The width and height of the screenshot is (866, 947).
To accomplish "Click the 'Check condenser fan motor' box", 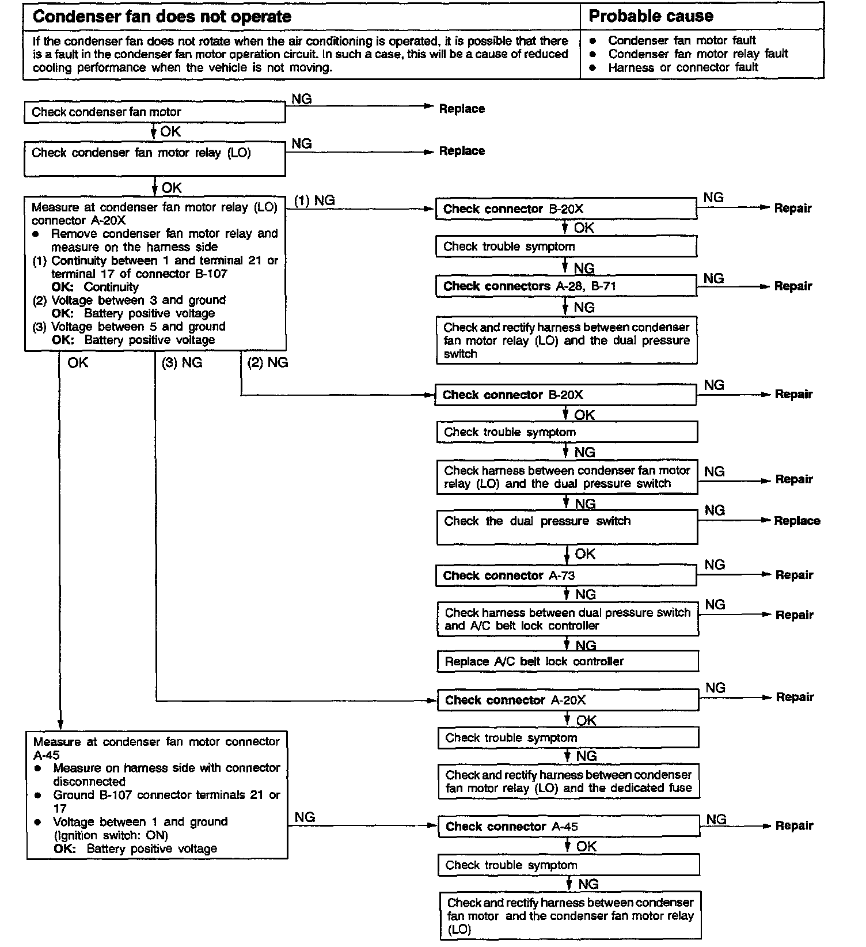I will [x=154, y=112].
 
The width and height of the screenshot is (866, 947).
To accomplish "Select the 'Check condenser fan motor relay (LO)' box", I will [x=154, y=159].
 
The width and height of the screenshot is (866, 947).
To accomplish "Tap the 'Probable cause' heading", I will [x=651, y=16].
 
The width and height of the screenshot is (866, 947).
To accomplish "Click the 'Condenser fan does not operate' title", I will [x=162, y=16].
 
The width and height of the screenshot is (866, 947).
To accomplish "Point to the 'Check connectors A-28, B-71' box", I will [x=566, y=286].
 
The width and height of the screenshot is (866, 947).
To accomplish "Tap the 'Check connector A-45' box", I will [x=569, y=827].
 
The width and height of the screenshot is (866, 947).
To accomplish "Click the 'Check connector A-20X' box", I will [x=568, y=700].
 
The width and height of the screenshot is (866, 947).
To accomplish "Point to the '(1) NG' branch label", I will [x=314, y=200].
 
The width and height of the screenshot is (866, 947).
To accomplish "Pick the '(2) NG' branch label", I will [x=268, y=363].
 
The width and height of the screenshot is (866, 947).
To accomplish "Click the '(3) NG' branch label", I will [x=182, y=363].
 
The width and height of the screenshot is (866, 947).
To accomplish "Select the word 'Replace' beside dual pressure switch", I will [x=797, y=521].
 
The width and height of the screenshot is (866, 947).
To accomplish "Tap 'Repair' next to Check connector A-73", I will [x=794, y=575].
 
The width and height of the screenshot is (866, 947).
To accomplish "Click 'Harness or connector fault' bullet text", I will [x=683, y=67].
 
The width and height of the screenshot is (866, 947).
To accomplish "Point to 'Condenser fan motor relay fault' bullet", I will [x=698, y=54].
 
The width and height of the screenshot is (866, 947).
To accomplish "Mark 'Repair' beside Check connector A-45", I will [x=794, y=825].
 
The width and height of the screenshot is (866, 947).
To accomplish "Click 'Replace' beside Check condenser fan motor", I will [x=462, y=109].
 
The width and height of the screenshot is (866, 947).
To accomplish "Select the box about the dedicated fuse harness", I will [x=569, y=782].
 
